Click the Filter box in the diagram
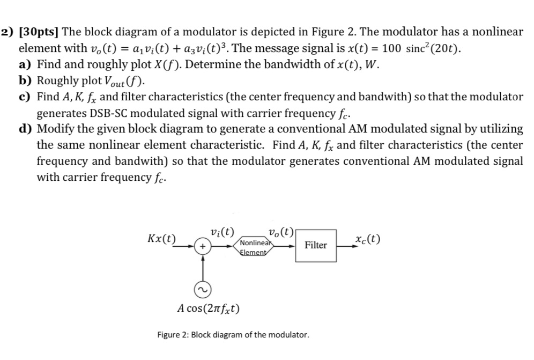pyautogui.click(x=315, y=245)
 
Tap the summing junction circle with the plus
pyautogui.click(x=203, y=246)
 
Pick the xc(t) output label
pyautogui.click(x=367, y=239)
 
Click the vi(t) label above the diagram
pyautogui.click(x=222, y=232)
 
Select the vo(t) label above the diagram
pyautogui.click(x=280, y=232)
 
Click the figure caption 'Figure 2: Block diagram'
pyautogui.click(x=233, y=335)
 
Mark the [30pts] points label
pyautogui.click(x=39, y=32)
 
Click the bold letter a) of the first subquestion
pyautogui.click(x=25, y=65)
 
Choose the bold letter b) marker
pyautogui.click(x=25, y=82)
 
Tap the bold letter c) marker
pyautogui.click(x=25, y=97)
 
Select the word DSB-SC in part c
pyautogui.click(x=100, y=113)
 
